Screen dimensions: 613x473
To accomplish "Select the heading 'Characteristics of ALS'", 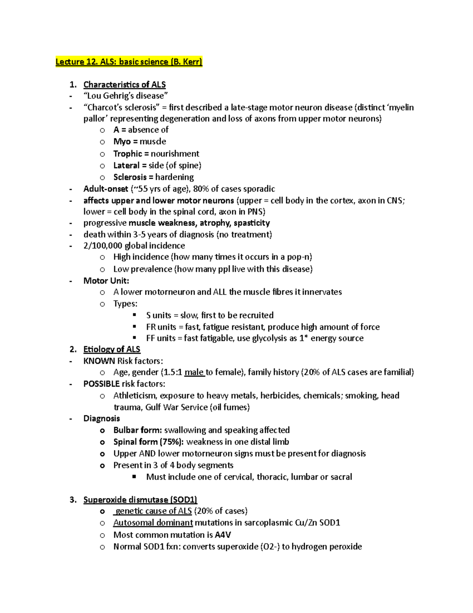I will click(x=124, y=84).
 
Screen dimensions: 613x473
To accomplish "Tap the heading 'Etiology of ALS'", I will click(x=112, y=349).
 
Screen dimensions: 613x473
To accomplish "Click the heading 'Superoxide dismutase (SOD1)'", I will click(x=140, y=500).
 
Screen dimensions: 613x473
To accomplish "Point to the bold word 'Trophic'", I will click(x=127, y=154).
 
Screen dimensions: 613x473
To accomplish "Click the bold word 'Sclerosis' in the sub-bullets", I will click(x=130, y=177).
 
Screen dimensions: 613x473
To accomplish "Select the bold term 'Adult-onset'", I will click(x=106, y=189).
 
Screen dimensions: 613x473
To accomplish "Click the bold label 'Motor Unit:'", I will click(x=106, y=281).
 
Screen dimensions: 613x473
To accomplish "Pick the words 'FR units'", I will click(x=161, y=327).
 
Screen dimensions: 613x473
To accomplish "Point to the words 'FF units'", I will click(x=160, y=338).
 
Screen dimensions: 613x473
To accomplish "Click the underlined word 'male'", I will click(x=194, y=372).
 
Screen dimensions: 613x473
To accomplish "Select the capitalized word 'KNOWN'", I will click(x=99, y=361).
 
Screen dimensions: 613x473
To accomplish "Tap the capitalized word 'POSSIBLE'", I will click(x=101, y=384).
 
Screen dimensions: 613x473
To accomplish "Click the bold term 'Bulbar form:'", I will click(x=138, y=430).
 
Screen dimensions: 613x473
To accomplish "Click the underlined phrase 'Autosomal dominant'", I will click(x=153, y=523).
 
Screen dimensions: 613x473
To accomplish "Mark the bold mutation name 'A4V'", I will click(x=223, y=535).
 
